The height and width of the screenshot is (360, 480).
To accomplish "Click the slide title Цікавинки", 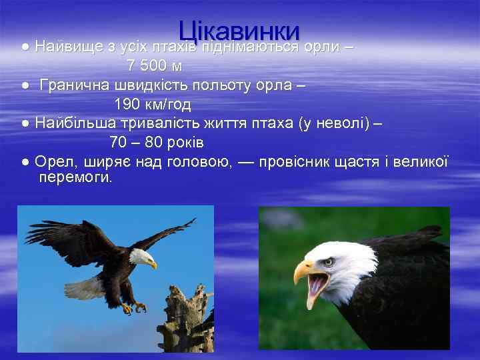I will click(x=239, y=31).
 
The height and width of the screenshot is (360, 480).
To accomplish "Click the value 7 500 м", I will click(x=155, y=67).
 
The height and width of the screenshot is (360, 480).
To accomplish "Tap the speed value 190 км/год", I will click(x=153, y=105).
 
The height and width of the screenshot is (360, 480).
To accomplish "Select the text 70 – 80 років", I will click(x=157, y=143).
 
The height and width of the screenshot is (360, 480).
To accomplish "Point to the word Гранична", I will click(x=74, y=85).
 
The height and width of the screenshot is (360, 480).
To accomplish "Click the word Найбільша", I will click(x=74, y=123).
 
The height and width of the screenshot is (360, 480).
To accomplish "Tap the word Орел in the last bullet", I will click(x=51, y=162).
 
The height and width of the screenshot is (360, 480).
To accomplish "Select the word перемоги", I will click(x=76, y=178).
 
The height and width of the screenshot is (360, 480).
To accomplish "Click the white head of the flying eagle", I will click(x=142, y=257).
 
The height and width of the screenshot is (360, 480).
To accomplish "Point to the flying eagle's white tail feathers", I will click(x=83, y=287).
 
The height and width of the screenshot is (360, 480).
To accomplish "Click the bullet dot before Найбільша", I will click(x=25, y=124).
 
